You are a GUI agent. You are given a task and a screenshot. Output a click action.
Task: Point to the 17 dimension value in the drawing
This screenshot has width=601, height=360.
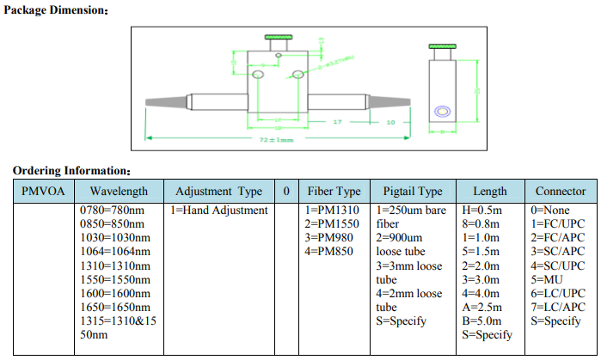(337, 122)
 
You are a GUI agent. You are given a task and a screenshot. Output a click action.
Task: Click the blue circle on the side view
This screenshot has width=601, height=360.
(443, 111)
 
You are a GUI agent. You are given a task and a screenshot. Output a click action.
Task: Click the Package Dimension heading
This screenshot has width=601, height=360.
(57, 10)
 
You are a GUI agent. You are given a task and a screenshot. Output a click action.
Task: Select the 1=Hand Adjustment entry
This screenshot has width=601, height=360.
(219, 211)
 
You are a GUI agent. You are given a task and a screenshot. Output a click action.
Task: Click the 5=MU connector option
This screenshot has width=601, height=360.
(548, 279)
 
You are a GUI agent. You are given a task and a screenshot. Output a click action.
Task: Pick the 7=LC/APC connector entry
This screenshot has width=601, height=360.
(560, 307)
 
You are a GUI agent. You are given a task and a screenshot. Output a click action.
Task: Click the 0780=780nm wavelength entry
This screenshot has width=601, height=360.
(112, 211)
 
